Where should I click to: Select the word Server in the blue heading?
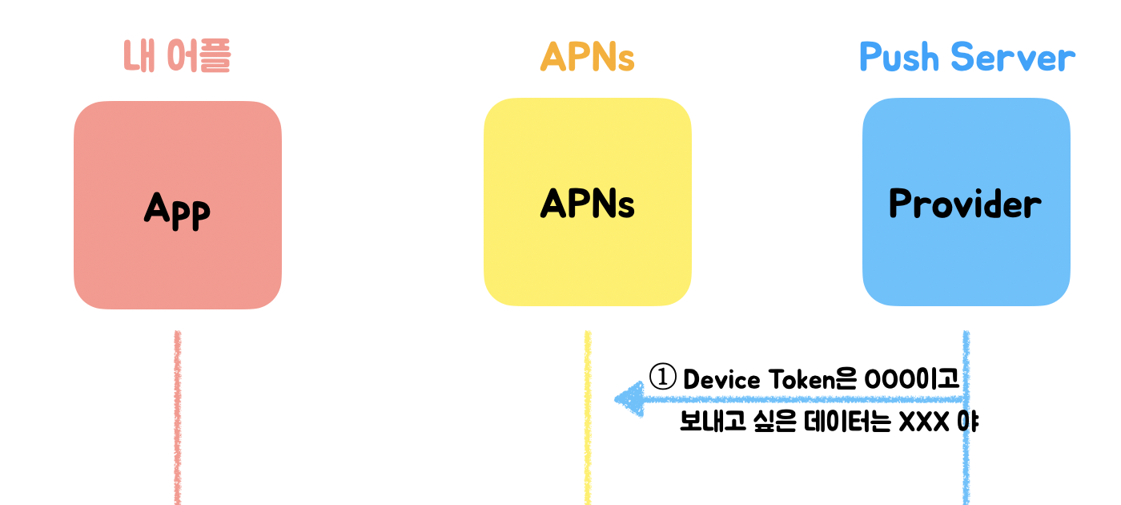[x=1013, y=58]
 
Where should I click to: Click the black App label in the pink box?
[x=177, y=208]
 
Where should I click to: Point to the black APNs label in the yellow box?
[x=587, y=204]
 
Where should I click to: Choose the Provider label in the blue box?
[x=965, y=204]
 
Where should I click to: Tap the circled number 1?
[x=662, y=378]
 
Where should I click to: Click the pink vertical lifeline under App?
[x=177, y=417]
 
